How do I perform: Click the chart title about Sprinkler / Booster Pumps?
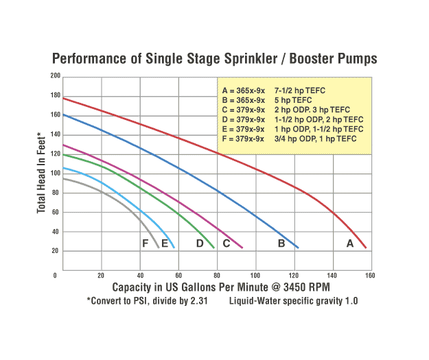(214, 59)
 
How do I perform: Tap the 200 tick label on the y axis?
(55, 76)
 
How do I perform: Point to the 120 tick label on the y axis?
(55, 154)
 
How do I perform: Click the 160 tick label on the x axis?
(371, 275)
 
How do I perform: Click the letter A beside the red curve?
(349, 243)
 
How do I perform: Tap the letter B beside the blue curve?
(281, 243)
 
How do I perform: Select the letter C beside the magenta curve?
(225, 243)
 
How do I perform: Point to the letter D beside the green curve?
(200, 243)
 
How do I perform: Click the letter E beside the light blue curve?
(164, 243)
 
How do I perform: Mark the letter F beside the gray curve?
(146, 243)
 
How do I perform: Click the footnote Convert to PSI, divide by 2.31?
(147, 301)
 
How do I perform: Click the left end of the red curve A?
(64, 98)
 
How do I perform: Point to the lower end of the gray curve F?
(159, 247)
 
